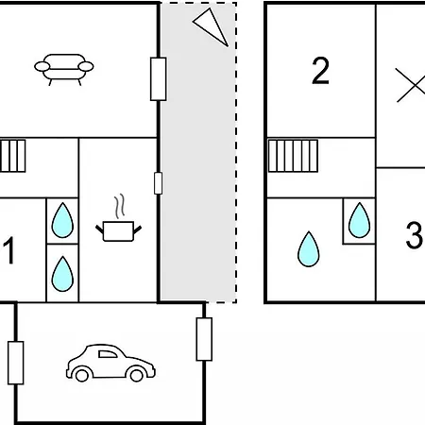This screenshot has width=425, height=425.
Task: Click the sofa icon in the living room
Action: tap(64, 69)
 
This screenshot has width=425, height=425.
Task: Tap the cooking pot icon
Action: tap(118, 231)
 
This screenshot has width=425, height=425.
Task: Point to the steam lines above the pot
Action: tap(120, 206)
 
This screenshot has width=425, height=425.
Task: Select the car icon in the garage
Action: tap(110, 363)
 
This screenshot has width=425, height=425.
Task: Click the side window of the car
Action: tap(108, 354)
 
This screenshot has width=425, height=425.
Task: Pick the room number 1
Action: tap(9, 250)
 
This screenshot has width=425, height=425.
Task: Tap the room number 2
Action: tap(320, 71)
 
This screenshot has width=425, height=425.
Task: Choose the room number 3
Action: tap(414, 235)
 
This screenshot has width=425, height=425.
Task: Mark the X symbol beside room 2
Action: tap(411, 85)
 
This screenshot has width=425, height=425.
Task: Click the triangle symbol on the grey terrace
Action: tap(211, 26)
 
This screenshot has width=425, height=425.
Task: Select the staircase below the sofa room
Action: tap(12, 156)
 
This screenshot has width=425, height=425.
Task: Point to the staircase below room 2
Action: tap(293, 156)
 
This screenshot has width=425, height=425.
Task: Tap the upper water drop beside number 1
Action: tap(62, 220)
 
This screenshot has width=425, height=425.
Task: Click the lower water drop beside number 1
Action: tap(62, 274)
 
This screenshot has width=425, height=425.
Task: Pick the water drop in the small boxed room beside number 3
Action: tap(359, 220)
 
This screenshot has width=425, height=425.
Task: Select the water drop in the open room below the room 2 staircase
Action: tap(309, 249)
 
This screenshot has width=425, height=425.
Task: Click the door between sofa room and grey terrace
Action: tap(159, 79)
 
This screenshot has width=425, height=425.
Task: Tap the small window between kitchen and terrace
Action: tap(159, 183)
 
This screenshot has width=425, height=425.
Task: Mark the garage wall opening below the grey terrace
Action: tap(204, 339)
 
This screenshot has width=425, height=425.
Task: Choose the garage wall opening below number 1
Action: tap(16, 363)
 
